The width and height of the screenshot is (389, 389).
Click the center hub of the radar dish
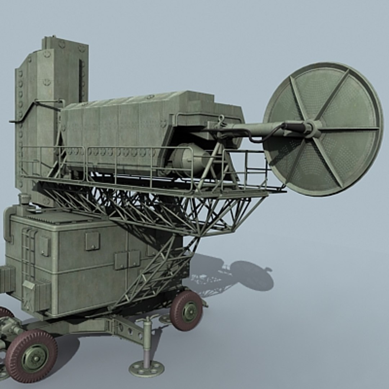[316, 129]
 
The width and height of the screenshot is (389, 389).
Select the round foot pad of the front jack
[146, 368]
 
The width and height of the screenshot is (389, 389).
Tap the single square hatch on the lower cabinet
[92, 241]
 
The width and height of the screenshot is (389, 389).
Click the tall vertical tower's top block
[65, 45]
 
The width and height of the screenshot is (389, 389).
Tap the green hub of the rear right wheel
[189, 311]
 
